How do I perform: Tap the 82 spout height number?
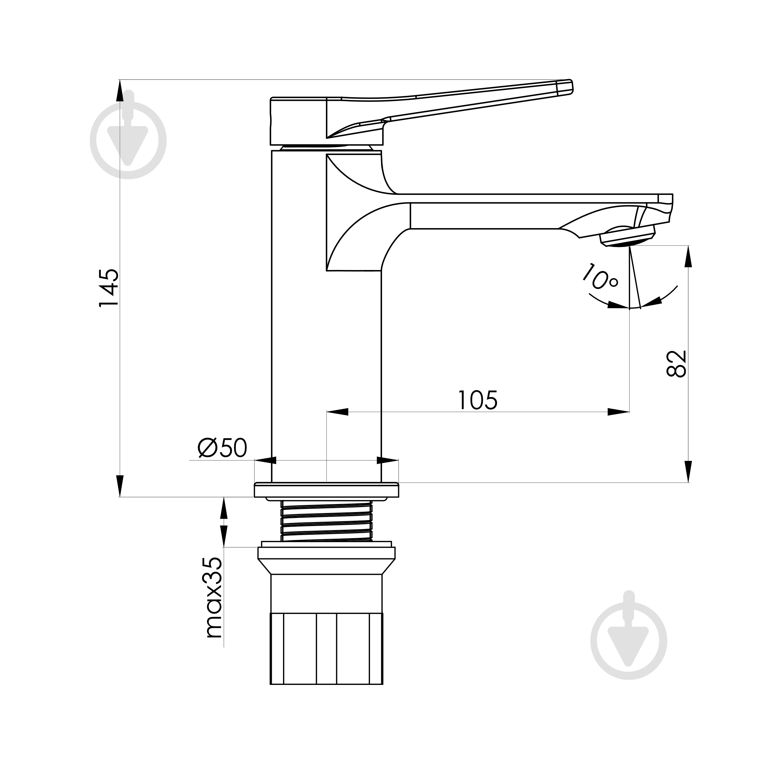point(676,363)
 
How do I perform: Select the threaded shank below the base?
point(326,521)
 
